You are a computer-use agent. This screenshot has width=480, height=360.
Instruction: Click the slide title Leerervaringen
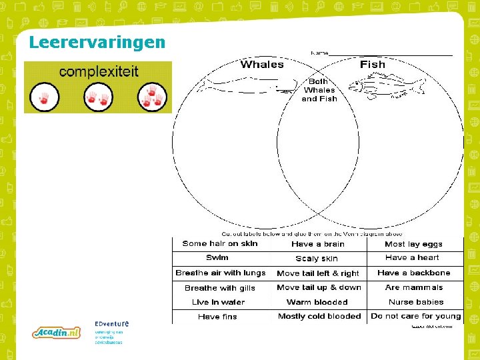pyautogui.click(x=97, y=43)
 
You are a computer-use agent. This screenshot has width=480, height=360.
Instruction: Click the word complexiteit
pyautogui.click(x=99, y=71)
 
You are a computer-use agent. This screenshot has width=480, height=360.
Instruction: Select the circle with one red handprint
pyautogui.click(x=45, y=97)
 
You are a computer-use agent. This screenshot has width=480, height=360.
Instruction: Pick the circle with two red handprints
pyautogui.click(x=98, y=97)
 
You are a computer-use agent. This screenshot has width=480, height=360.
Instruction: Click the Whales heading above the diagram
pyautogui.click(x=262, y=65)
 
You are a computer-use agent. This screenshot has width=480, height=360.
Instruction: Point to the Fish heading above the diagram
pyautogui.click(x=372, y=65)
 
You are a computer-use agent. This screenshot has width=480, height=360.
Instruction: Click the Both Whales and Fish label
pyautogui.click(x=319, y=90)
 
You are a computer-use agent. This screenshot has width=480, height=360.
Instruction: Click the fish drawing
pyautogui.click(x=387, y=87)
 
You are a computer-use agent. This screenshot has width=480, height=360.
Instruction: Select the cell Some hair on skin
pyautogui.click(x=219, y=244)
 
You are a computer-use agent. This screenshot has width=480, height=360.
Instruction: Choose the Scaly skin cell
pyautogui.click(x=317, y=259)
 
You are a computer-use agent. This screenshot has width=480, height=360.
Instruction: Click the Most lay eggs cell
pyautogui.click(x=413, y=244)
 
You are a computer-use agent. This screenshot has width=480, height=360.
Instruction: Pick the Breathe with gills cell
pyautogui.click(x=219, y=288)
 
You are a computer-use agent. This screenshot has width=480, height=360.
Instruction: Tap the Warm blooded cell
pyautogui.click(x=317, y=302)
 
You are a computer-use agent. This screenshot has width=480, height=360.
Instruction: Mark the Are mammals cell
pyautogui.click(x=413, y=288)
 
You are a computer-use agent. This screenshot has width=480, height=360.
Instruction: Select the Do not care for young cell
pyautogui.click(x=415, y=316)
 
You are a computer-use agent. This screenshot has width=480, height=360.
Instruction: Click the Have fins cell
pyautogui.click(x=217, y=317)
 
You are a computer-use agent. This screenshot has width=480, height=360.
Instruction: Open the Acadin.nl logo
pyautogui.click(x=57, y=332)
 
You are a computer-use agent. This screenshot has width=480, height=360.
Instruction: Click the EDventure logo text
pyautogui.click(x=111, y=325)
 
